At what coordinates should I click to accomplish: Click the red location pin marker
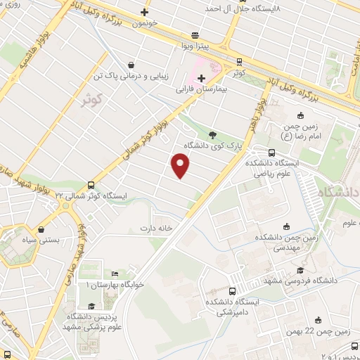click(x=181, y=166)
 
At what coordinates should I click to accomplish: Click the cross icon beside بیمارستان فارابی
click(x=202, y=78)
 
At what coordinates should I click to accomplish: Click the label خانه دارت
click(x=156, y=229)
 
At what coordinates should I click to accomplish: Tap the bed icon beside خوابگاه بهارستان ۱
click(x=115, y=274)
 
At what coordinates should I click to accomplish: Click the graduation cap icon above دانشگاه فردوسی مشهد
click(x=301, y=271)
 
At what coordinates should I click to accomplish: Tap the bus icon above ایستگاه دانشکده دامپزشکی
click(x=233, y=290)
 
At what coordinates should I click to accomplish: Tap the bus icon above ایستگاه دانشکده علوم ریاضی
click(x=271, y=153)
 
